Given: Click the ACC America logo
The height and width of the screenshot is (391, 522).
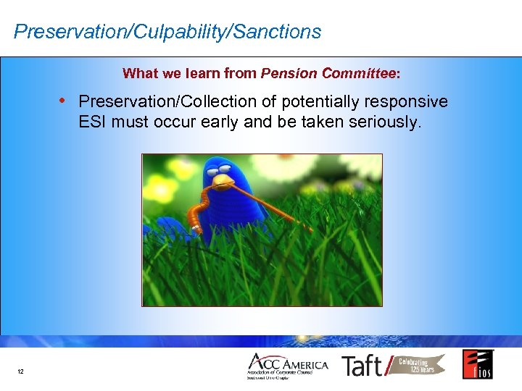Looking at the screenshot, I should [287, 366].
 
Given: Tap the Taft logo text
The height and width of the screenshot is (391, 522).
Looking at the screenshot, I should [363, 366].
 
